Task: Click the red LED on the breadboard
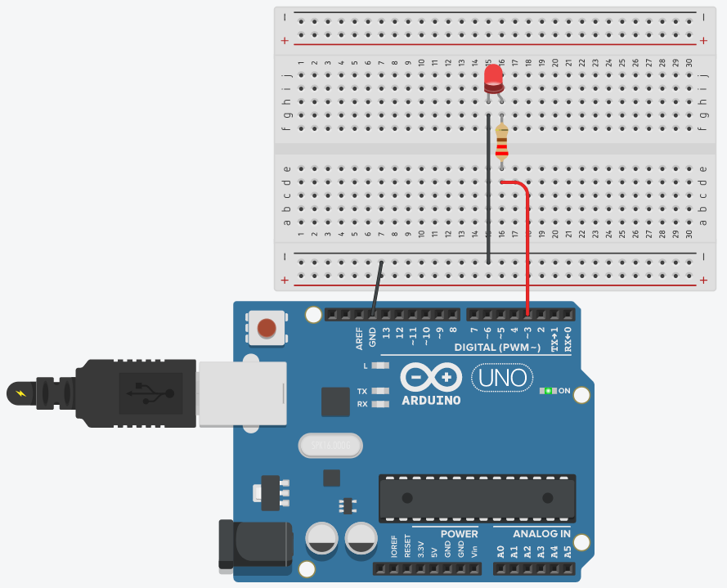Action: pyautogui.click(x=493, y=77)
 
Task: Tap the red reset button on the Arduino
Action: pyautogui.click(x=267, y=329)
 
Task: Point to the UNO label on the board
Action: pyautogui.click(x=502, y=378)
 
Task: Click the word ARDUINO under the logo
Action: pyautogui.click(x=431, y=401)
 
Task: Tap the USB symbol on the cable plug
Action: pyautogui.click(x=147, y=393)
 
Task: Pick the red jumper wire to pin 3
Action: pyautogui.click(x=527, y=245)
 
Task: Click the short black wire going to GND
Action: pyautogui.click(x=377, y=286)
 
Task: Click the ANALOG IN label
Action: pyautogui.click(x=541, y=534)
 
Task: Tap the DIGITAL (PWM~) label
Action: pyautogui.click(x=498, y=348)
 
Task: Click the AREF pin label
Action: pyautogui.click(x=359, y=337)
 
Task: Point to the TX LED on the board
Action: pyautogui.click(x=379, y=391)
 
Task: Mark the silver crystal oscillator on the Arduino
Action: pyautogui.click(x=330, y=445)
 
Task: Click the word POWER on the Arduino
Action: pyautogui.click(x=459, y=534)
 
